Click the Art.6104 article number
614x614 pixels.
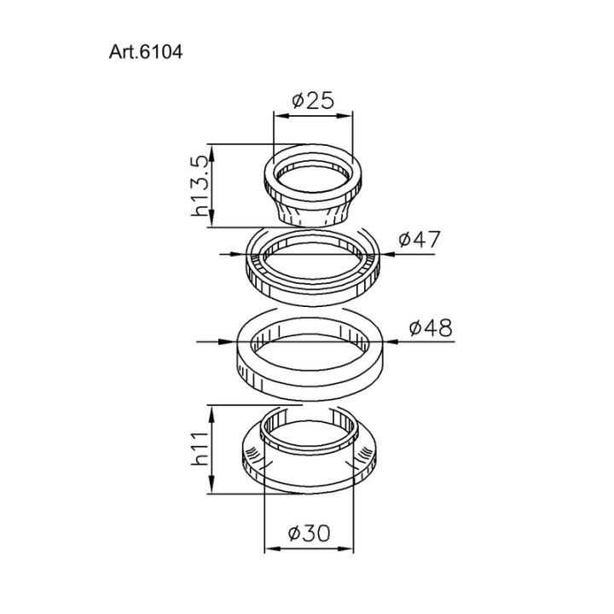(146, 52)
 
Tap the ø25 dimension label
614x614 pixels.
(313, 101)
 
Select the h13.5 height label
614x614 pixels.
(200, 186)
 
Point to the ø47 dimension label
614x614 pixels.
(420, 239)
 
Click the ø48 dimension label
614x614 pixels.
(431, 327)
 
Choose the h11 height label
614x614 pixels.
(200, 449)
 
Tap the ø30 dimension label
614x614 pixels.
(309, 533)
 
